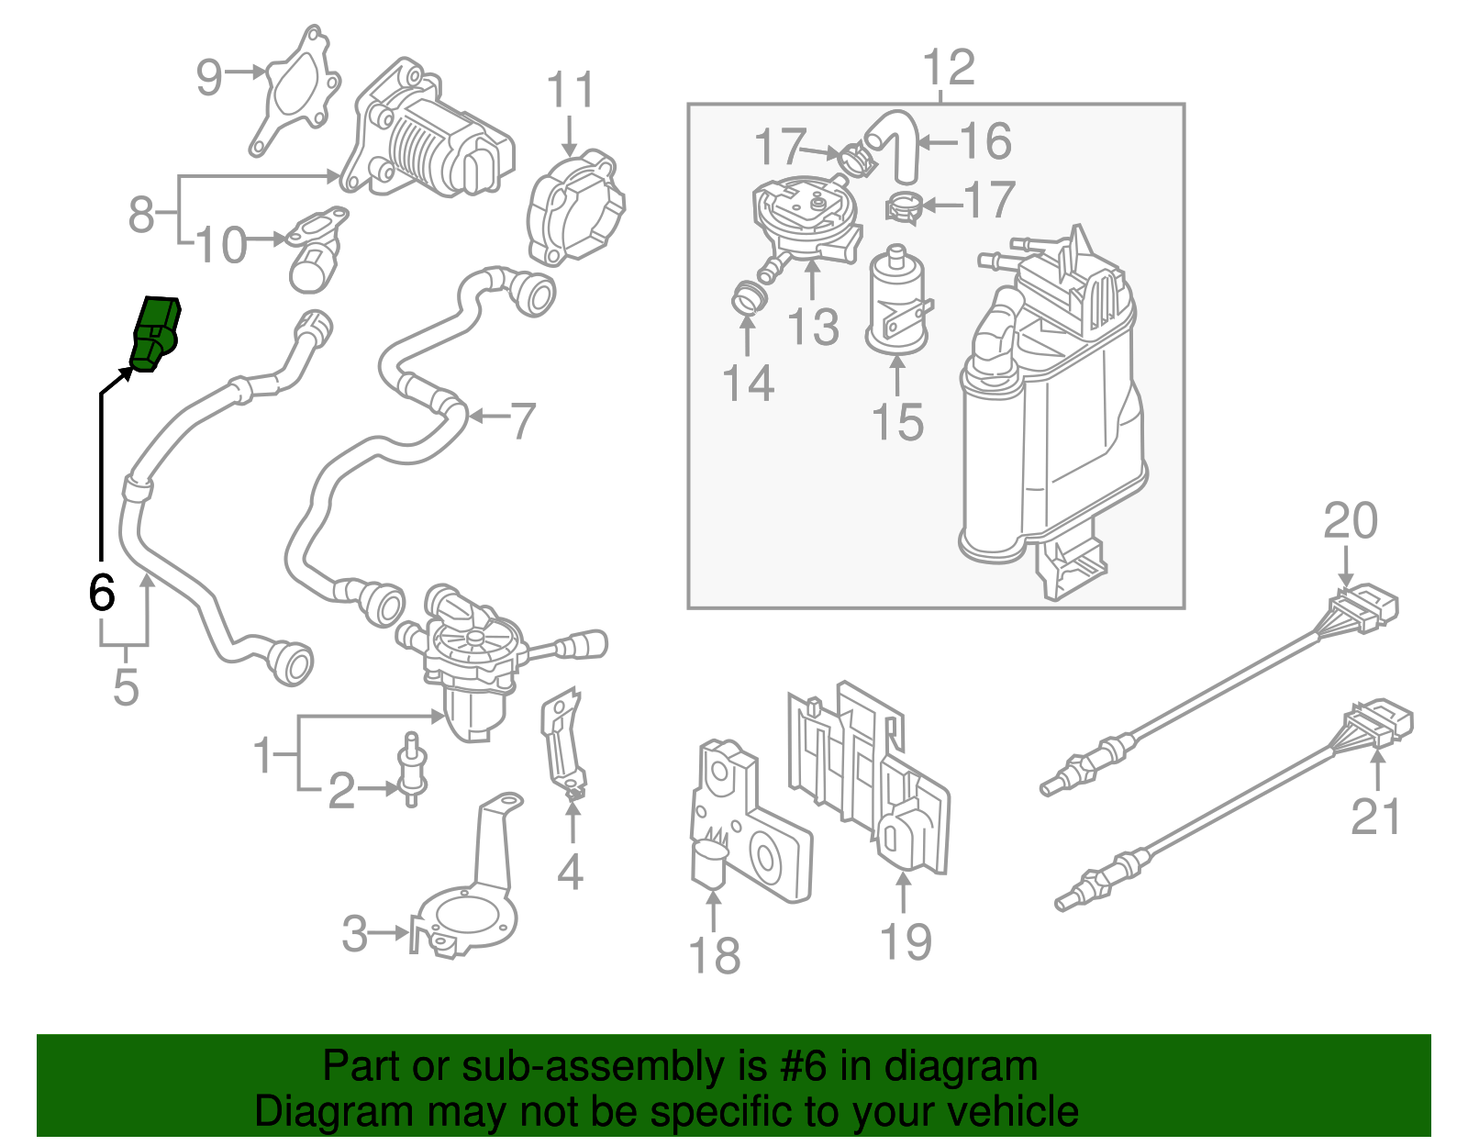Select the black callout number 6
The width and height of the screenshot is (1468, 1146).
101,592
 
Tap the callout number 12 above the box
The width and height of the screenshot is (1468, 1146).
948,68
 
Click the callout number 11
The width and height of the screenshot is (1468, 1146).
570,91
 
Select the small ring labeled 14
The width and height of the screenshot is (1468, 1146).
749,298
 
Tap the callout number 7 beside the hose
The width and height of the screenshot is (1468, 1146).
522,420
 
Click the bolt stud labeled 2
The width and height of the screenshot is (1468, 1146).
412,770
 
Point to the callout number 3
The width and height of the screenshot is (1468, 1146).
354,934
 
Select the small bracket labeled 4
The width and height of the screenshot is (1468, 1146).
563,743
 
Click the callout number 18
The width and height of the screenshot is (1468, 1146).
714,955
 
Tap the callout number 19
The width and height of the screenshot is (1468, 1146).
906,941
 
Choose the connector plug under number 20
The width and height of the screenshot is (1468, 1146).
1364,608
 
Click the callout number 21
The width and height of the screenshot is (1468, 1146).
1375,816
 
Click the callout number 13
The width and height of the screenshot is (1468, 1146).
813,327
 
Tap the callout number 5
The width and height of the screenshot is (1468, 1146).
126,687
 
